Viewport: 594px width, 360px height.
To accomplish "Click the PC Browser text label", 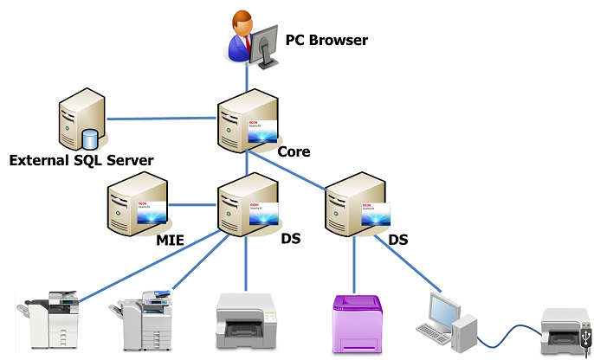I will pos(326,40).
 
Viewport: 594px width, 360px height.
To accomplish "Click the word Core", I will pos(294,152).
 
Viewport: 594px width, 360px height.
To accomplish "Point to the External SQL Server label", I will pos(81,161).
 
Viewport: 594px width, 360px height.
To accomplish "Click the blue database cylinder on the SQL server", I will pos(89,138).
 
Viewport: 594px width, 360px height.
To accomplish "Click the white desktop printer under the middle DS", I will pos(245,320).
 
